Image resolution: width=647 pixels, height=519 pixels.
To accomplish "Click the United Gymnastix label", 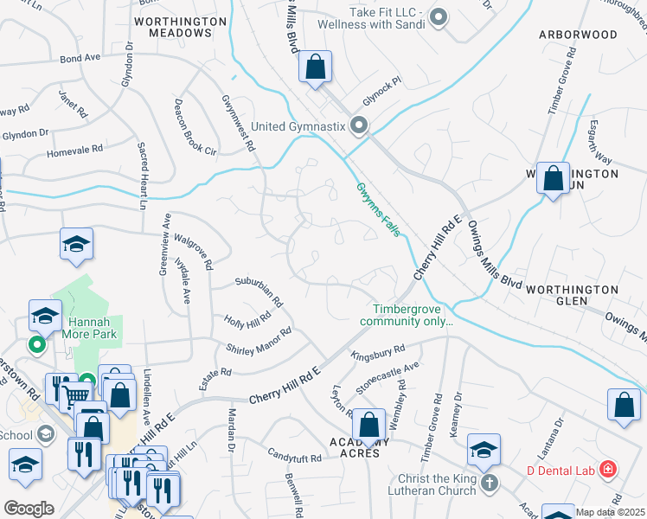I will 298,127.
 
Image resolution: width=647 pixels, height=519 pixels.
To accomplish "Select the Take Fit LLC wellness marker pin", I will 439,16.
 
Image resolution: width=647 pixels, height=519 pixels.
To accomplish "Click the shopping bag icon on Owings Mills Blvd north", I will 316,67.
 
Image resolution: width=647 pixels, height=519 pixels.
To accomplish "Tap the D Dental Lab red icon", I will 610,470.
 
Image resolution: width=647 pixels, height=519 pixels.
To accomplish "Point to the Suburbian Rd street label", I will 259,292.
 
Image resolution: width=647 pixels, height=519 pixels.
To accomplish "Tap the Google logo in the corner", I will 29,508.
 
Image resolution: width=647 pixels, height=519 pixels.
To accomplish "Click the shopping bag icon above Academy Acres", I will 369,425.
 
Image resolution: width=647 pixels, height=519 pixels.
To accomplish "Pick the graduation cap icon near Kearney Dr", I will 484,449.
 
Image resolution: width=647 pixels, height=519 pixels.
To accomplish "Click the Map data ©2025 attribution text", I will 611,512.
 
